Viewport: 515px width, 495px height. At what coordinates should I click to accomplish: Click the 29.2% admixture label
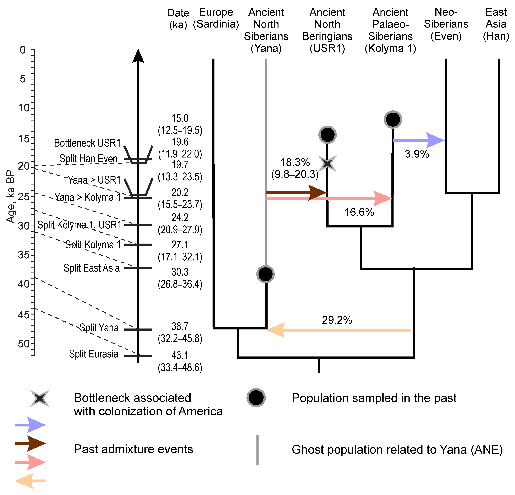[x=337, y=320]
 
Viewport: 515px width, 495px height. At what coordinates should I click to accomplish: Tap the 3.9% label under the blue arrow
[x=417, y=154]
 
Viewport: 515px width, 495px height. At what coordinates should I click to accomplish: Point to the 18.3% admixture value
[x=295, y=162]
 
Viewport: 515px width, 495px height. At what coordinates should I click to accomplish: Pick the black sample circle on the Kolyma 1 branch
[x=393, y=120]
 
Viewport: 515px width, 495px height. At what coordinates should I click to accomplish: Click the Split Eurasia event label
[x=93, y=354]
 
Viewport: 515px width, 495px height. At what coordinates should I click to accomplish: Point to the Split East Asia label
[x=91, y=268]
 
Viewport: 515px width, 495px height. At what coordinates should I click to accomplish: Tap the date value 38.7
[x=180, y=326]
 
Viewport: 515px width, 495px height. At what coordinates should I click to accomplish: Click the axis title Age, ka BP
[x=10, y=197]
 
